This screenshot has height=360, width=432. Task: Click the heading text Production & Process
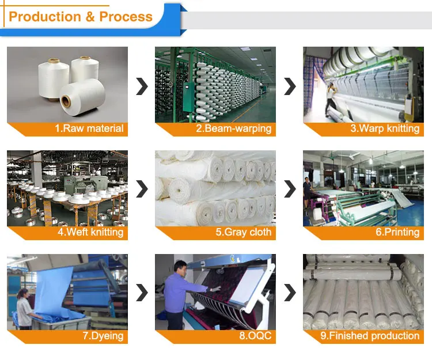tap(81, 17)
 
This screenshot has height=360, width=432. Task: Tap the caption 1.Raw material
tap(89, 128)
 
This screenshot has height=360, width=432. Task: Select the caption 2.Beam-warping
tap(234, 128)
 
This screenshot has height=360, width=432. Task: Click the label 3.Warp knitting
tap(385, 128)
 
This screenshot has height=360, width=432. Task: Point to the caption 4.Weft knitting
tap(90, 232)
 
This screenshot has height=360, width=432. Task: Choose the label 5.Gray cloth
tap(244, 232)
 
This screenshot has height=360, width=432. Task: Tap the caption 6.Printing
tap(397, 232)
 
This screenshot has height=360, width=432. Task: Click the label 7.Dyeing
tap(103, 336)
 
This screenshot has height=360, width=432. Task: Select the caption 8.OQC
tap(255, 335)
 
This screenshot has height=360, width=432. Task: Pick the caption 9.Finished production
tap(370, 336)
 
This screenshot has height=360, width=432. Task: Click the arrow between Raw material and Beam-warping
tap(142, 86)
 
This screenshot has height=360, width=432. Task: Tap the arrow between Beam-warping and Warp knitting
tap(290, 86)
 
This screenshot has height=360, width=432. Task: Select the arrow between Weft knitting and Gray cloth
tap(142, 189)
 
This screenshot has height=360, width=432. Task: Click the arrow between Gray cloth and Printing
tap(290, 189)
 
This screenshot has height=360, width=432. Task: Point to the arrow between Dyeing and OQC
tap(142, 293)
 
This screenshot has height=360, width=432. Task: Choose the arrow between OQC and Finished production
tap(290, 293)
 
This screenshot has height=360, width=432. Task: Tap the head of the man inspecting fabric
tap(180, 267)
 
